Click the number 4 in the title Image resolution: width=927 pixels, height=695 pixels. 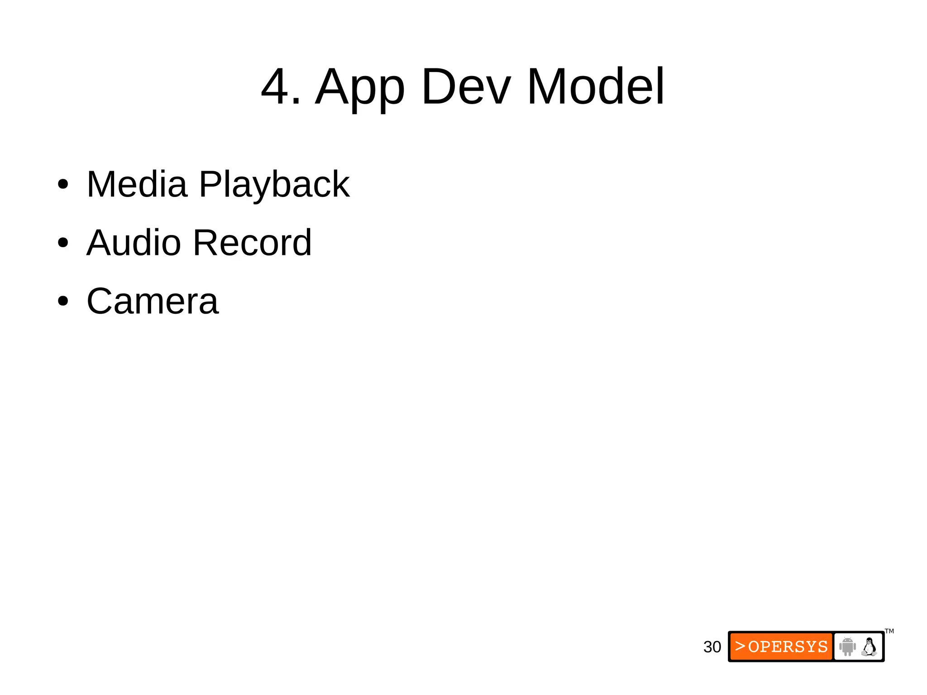pyautogui.click(x=275, y=86)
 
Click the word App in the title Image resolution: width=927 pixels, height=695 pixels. pyautogui.click(x=360, y=88)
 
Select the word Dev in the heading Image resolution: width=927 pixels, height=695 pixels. pyautogui.click(x=466, y=86)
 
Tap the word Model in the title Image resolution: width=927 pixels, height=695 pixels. pyautogui.click(x=596, y=86)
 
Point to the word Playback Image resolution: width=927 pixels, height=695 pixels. pyautogui.click(x=274, y=186)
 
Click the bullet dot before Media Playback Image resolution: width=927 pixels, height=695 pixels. pyautogui.click(x=63, y=185)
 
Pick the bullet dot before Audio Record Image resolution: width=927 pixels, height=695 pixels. pyautogui.click(x=63, y=243)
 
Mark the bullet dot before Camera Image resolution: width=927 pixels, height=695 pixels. pyautogui.click(x=63, y=301)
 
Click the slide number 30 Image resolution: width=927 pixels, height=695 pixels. pyautogui.click(x=712, y=647)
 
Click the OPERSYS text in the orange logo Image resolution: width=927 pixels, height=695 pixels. pyautogui.click(x=788, y=647)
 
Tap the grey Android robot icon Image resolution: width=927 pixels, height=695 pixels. pyautogui.click(x=847, y=646)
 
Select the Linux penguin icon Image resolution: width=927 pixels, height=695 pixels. pyautogui.click(x=869, y=647)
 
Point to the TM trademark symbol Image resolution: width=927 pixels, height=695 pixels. pyautogui.click(x=889, y=631)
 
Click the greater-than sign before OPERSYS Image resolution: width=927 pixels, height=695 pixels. pyautogui.click(x=740, y=646)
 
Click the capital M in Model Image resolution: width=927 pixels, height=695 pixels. pyautogui.click(x=546, y=86)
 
